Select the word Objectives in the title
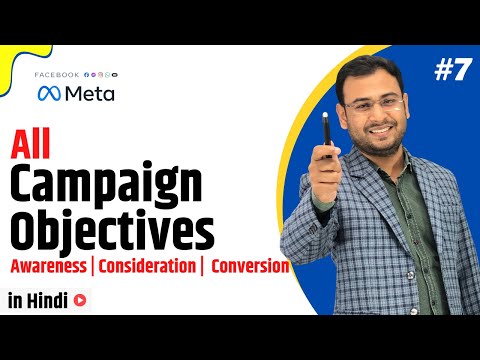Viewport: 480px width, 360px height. click(x=112, y=231)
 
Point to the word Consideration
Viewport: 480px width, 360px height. click(x=147, y=267)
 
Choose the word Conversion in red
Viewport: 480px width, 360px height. click(x=250, y=267)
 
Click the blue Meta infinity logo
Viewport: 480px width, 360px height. click(x=47, y=93)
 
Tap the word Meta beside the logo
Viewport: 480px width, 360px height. click(x=89, y=93)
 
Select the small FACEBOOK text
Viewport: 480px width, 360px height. click(x=58, y=75)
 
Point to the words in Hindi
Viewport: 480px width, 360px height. click(x=37, y=298)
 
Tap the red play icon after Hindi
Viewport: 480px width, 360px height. click(x=79, y=298)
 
